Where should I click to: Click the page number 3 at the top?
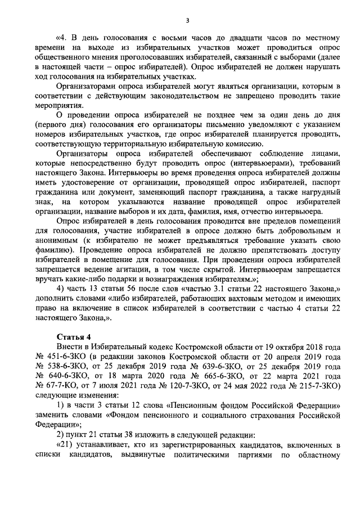(x=187, y=21)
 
